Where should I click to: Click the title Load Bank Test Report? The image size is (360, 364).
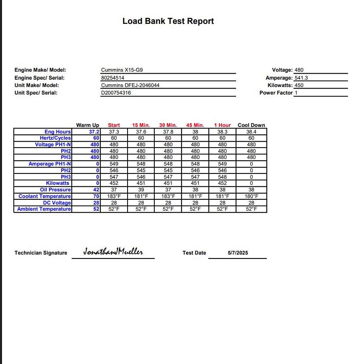(x=168, y=21)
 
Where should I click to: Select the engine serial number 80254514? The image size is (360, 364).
(x=113, y=78)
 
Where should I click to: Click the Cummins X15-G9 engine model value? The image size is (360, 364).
(x=122, y=70)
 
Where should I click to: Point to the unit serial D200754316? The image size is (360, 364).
(x=116, y=93)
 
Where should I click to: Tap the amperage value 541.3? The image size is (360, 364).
(x=302, y=78)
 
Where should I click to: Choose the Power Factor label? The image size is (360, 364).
(x=276, y=93)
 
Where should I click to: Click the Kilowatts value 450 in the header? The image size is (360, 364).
(x=299, y=85)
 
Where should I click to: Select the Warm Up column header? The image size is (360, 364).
(x=87, y=125)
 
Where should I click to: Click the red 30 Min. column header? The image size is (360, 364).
(x=168, y=125)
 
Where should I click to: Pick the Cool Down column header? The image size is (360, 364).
(x=251, y=125)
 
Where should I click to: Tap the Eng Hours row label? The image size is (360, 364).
(x=58, y=131)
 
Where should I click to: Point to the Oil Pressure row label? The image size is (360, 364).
(x=55, y=190)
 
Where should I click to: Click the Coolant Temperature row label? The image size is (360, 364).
(x=45, y=196)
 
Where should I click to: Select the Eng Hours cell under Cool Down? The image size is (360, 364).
(x=251, y=131)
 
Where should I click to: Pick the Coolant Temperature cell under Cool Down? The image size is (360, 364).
(x=251, y=196)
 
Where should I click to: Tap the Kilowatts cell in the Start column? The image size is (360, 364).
(x=114, y=183)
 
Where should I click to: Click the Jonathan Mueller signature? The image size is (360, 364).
(x=113, y=252)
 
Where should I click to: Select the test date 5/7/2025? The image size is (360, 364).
(x=238, y=253)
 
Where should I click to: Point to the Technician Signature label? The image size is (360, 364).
(x=41, y=253)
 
